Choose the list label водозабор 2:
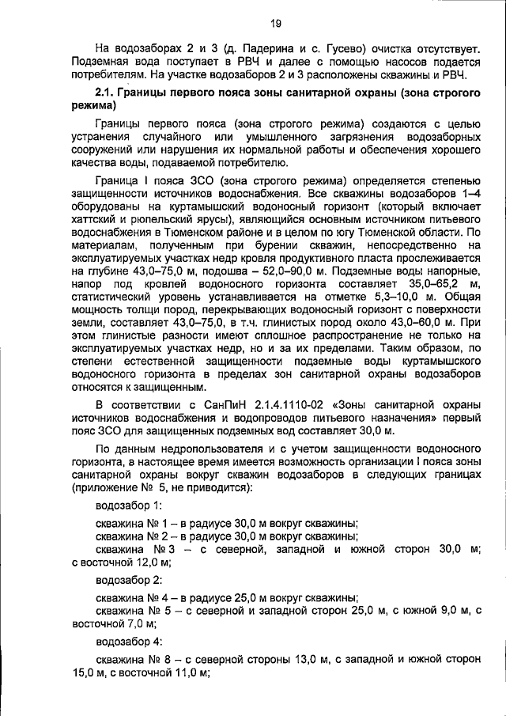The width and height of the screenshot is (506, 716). pos(128,580)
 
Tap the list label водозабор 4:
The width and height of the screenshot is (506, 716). pos(128,641)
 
